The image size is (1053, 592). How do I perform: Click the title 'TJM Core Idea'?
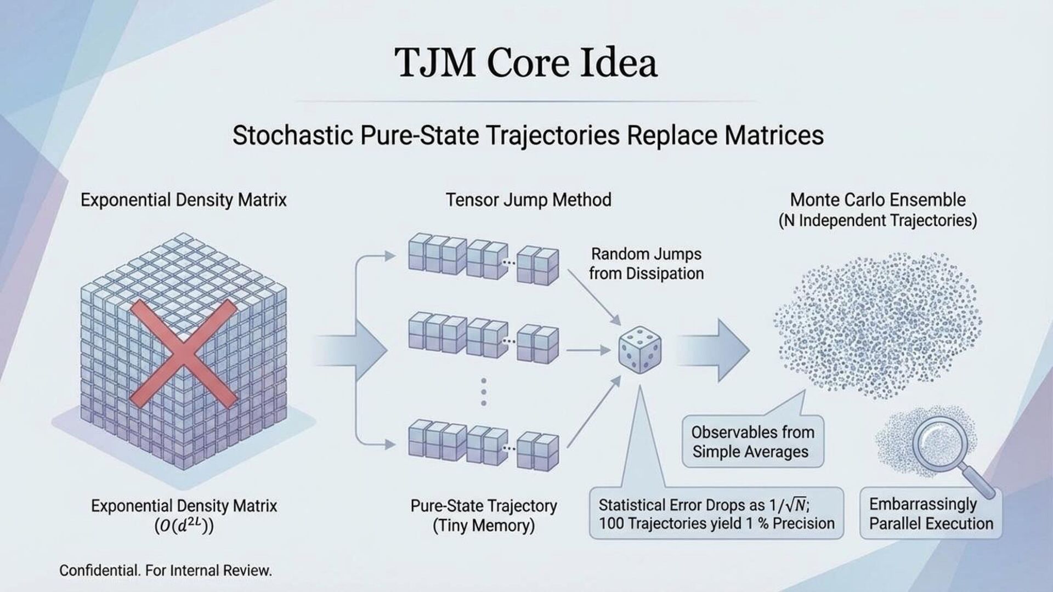525,62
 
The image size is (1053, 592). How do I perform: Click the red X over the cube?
184,355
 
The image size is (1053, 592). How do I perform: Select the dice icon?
639,350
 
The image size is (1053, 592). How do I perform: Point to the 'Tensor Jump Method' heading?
528,200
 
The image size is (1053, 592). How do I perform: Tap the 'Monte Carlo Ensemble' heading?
877,200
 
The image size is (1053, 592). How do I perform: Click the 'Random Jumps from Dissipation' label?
646,264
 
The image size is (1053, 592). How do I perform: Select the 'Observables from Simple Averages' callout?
752,442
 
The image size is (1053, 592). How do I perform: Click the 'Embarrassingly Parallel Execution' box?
931,514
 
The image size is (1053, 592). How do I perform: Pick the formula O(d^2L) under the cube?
184,526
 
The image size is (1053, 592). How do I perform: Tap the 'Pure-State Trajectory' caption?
483,505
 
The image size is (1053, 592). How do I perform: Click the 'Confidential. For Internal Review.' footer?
165,571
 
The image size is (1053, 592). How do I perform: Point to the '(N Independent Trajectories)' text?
877,220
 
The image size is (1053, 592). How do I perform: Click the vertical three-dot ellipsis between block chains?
483,392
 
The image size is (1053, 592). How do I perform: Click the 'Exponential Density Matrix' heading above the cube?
184,200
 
